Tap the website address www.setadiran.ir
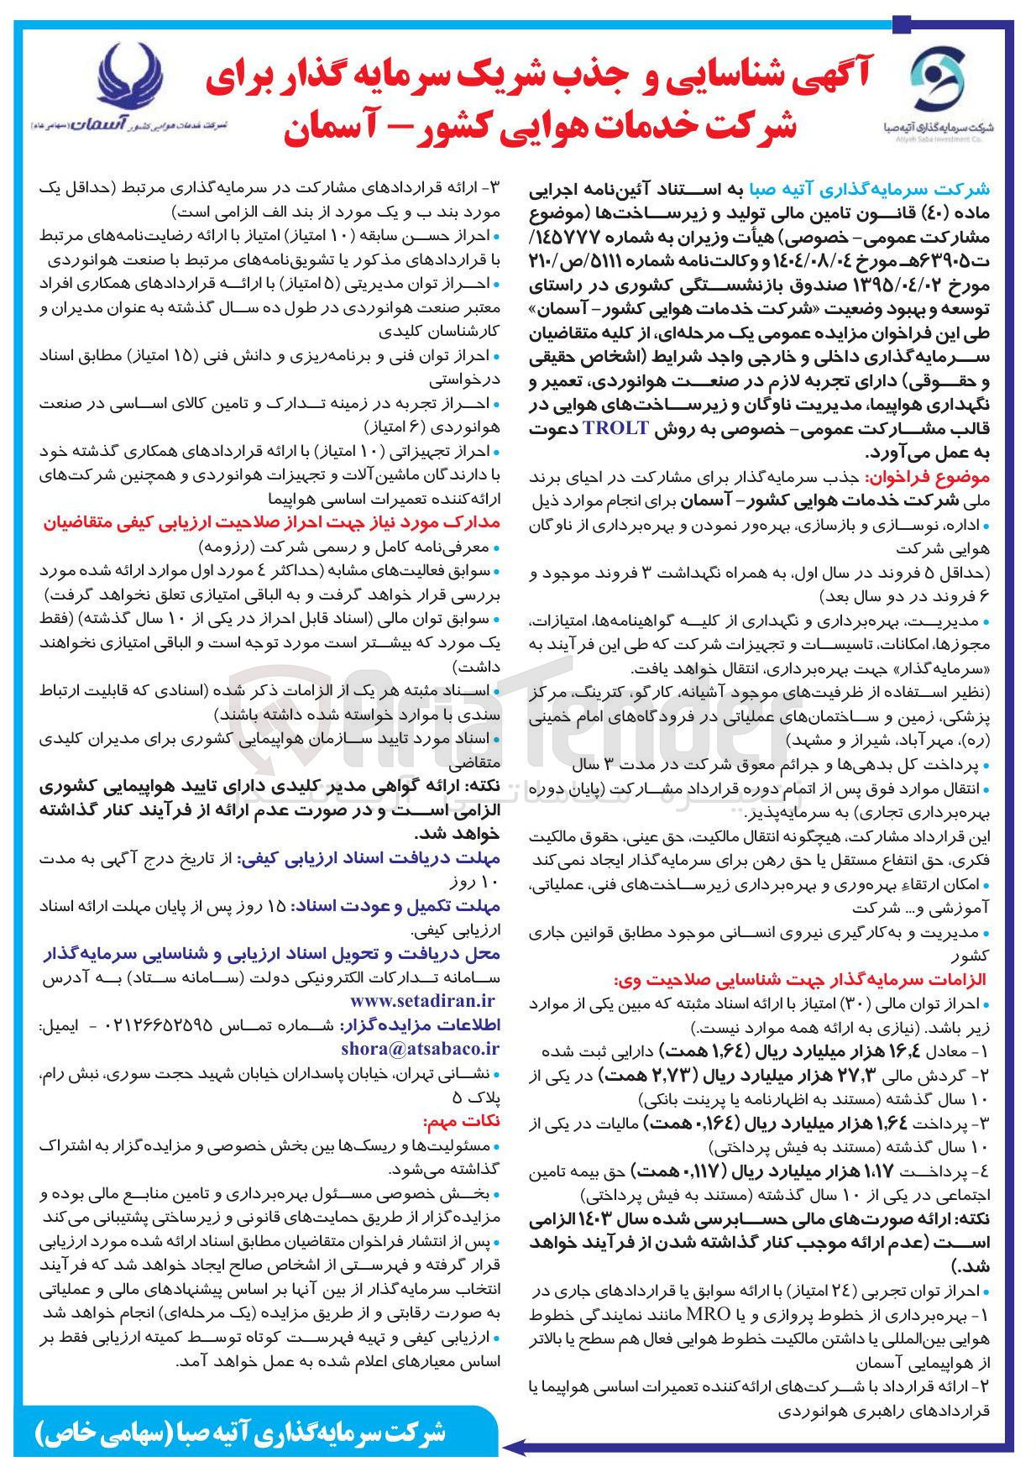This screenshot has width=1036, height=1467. (x=422, y=1001)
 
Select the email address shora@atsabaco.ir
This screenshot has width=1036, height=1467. (x=420, y=1049)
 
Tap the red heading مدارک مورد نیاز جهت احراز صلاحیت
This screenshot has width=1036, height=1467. (x=271, y=522)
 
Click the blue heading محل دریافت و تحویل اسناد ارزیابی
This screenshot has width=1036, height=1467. (x=271, y=954)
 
